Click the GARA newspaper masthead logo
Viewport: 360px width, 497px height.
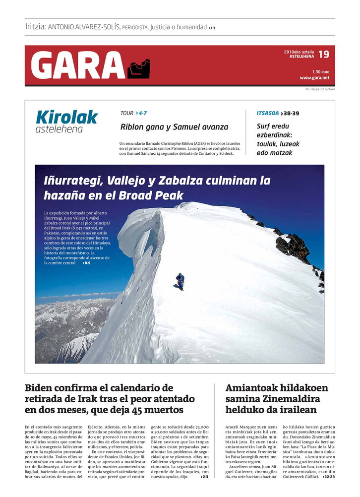click(x=78, y=65)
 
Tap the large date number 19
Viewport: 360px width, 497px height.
click(x=323, y=54)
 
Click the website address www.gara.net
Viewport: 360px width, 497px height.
click(x=314, y=78)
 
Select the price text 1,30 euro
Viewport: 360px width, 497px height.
click(x=320, y=71)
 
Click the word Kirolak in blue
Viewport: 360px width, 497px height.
click(x=66, y=117)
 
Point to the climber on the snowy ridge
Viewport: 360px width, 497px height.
click(x=180, y=281)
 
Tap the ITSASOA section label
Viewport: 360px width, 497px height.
click(x=267, y=113)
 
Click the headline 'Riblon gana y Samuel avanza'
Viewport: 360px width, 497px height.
click(x=174, y=127)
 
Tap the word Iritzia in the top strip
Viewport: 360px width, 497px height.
click(x=35, y=27)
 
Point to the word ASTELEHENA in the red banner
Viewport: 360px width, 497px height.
click(x=302, y=57)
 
